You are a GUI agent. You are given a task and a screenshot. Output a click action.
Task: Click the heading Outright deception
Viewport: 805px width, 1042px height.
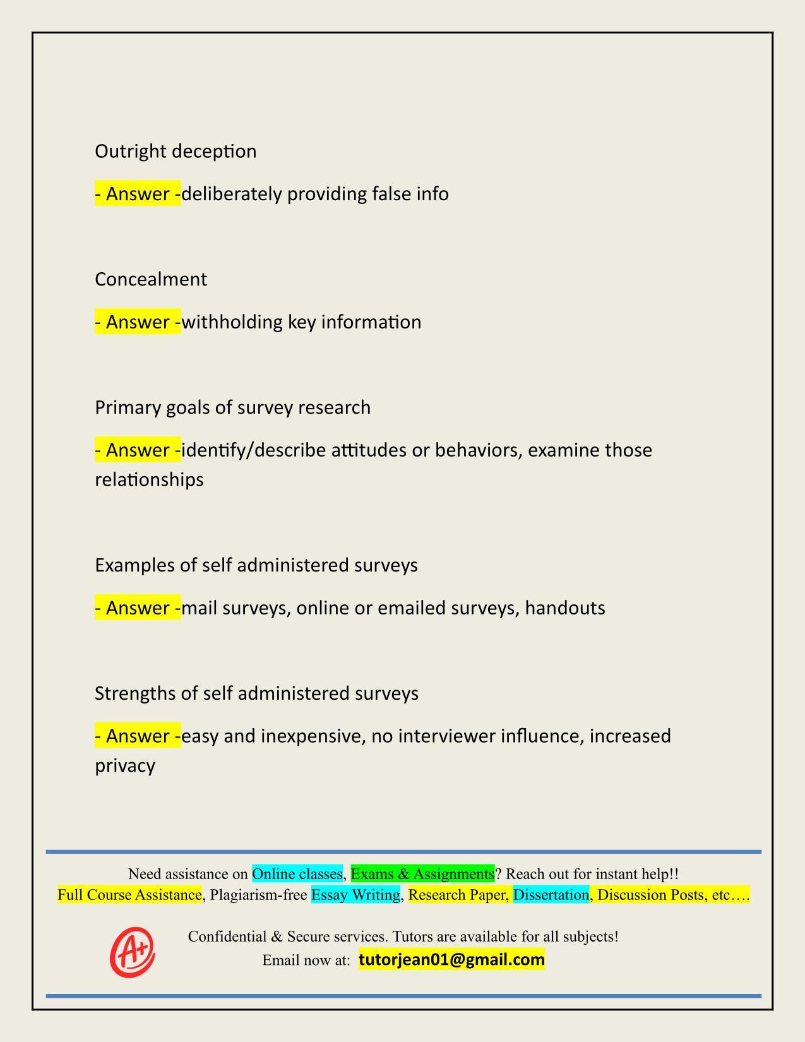pyautogui.click(x=176, y=152)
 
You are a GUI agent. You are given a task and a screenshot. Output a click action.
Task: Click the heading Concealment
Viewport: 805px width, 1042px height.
pyautogui.click(x=151, y=280)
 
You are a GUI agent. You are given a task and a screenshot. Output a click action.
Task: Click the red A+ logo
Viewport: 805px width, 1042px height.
pyautogui.click(x=133, y=952)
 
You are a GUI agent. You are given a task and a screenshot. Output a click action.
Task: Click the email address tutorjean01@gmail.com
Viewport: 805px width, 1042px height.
pyautogui.click(x=451, y=961)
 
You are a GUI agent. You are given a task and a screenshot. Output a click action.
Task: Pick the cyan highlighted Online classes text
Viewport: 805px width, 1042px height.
pyautogui.click(x=297, y=874)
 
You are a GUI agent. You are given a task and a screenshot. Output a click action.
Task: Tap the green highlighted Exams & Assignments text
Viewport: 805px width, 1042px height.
pyautogui.click(x=422, y=874)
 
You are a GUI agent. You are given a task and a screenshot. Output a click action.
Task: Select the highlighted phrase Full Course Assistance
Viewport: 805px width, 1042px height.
pyautogui.click(x=129, y=895)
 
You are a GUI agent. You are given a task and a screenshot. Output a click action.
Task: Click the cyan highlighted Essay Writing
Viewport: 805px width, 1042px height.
pyautogui.click(x=355, y=895)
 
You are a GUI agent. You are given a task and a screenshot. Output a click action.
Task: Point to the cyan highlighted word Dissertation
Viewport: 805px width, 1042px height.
pyautogui.click(x=551, y=895)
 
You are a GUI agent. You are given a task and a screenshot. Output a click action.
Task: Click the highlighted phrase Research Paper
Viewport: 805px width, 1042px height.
pyautogui.click(x=457, y=895)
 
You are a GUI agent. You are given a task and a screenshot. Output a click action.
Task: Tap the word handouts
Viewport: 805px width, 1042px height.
pyautogui.click(x=565, y=608)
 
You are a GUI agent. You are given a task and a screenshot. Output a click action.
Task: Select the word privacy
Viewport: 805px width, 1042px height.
pyautogui.click(x=125, y=767)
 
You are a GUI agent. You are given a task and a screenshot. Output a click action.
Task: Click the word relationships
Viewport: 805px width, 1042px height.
pyautogui.click(x=149, y=480)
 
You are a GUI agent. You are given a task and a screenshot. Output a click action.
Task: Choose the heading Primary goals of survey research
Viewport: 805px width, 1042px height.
pyautogui.click(x=232, y=408)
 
